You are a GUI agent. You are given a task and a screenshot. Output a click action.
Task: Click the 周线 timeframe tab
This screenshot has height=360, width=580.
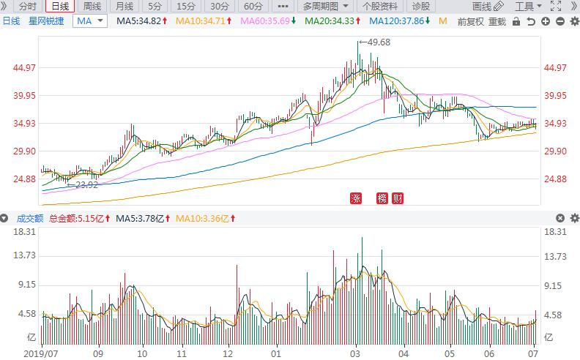pos(92,7)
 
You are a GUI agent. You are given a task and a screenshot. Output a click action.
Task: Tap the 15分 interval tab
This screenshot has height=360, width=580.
pos(186,7)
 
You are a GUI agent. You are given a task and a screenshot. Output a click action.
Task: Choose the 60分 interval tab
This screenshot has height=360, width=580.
pos(253,7)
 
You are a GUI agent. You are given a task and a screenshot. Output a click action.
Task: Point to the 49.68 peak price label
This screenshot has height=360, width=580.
pos(378,42)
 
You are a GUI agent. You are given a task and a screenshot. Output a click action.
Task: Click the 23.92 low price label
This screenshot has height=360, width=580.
pos(86,184)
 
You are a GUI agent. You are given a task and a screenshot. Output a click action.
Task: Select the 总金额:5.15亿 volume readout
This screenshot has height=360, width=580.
pos(81,218)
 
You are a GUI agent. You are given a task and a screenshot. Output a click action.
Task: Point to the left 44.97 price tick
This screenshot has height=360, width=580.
pos(24,68)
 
